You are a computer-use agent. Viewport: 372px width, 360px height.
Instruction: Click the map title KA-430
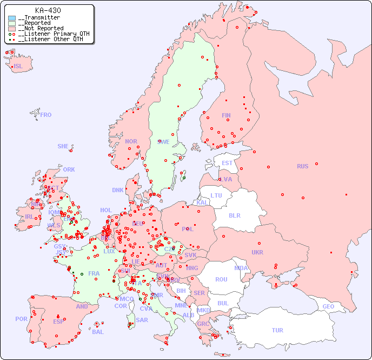coord(48,10)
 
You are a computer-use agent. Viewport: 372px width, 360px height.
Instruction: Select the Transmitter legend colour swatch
coord(12,18)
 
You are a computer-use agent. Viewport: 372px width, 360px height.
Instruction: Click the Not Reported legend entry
coord(41,28)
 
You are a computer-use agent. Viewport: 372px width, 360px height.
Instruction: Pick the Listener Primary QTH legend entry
coord(52,34)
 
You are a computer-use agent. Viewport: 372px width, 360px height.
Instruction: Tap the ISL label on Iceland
coord(18,67)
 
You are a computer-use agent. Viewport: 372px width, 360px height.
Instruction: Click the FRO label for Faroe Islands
coord(46,115)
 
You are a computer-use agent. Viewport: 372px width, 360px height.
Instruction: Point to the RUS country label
coord(302,166)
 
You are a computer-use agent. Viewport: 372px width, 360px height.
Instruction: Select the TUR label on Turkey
coord(277,330)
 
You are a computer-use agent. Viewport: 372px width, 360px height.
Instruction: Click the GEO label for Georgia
coord(328,306)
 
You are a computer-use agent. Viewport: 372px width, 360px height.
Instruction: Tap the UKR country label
coord(257,252)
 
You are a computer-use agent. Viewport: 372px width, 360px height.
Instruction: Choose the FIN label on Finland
coord(226,115)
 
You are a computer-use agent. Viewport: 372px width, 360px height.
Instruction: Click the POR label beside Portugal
coord(21,319)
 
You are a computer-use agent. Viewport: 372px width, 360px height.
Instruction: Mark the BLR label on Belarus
coord(234,215)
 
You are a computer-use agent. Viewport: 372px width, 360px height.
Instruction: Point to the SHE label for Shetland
coord(63,146)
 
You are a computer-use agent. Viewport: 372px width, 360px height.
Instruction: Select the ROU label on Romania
coord(221,279)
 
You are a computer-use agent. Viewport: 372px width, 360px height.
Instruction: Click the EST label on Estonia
coord(227,163)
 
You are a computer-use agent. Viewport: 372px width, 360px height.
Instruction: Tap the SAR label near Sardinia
coord(142,320)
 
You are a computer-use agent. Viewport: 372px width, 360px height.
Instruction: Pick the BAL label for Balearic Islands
coord(98,332)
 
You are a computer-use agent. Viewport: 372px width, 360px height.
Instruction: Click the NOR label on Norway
coord(131,141)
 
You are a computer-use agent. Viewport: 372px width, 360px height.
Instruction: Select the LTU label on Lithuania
coord(216,195)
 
